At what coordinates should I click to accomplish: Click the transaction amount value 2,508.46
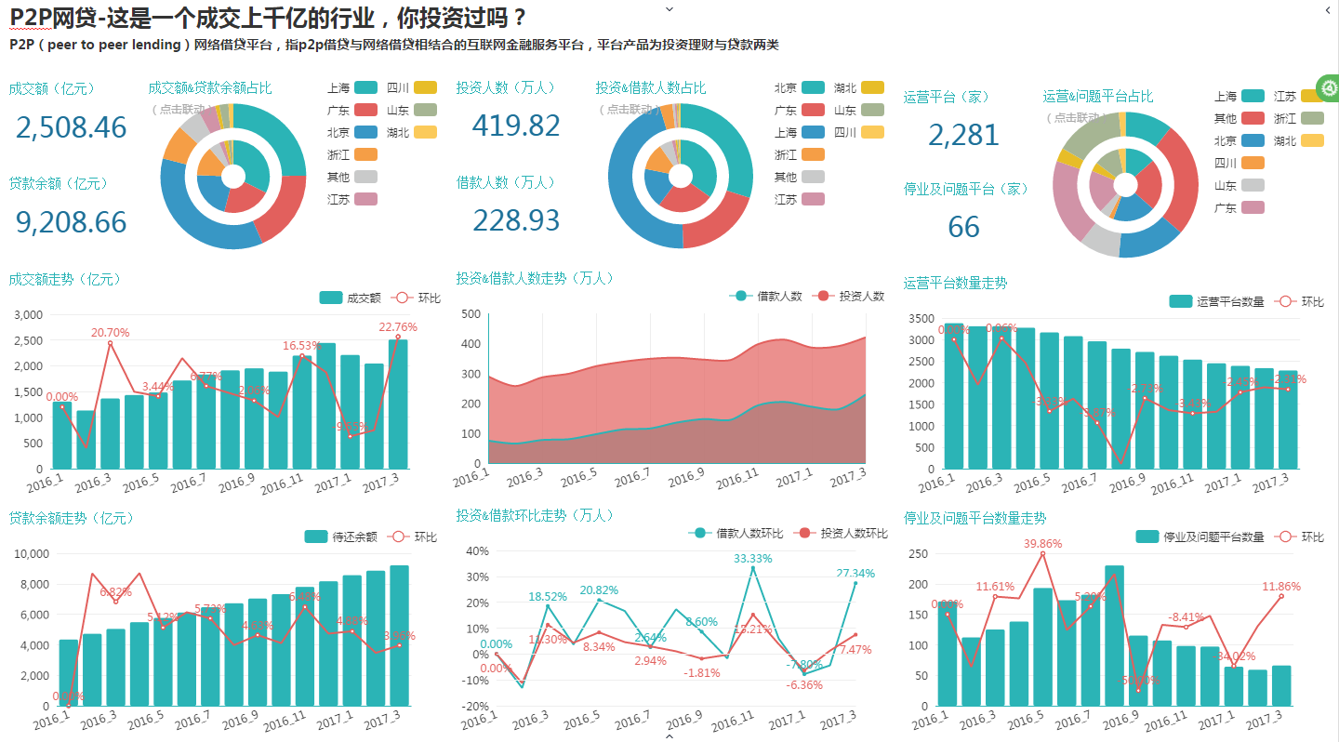point(71,127)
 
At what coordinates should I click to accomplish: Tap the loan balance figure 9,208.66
point(71,222)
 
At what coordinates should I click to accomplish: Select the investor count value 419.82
point(516,126)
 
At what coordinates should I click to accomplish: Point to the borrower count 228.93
point(516,220)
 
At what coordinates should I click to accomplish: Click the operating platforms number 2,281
point(963,136)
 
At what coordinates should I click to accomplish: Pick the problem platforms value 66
point(964,227)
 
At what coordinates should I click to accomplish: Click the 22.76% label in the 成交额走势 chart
point(398,327)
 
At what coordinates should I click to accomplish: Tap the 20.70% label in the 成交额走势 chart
point(110,333)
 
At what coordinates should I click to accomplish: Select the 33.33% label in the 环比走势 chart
point(752,558)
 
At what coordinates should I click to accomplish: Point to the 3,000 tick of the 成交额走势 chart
point(31,315)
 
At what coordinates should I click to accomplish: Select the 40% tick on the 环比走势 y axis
point(477,551)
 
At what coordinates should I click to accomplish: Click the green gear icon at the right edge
point(1329,89)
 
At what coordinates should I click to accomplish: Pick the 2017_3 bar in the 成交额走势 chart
point(398,404)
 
